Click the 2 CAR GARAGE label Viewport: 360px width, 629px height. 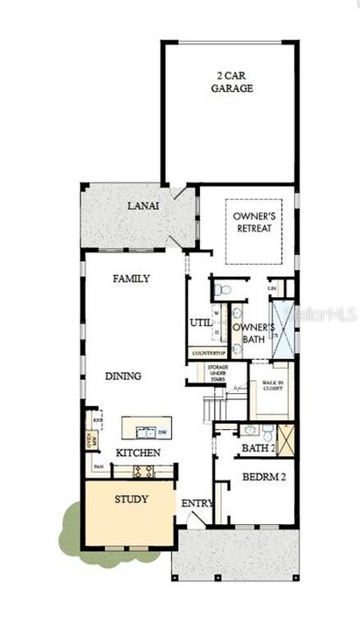coord(232,82)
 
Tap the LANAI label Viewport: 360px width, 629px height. coord(142,206)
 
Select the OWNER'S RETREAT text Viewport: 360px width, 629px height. coord(253,222)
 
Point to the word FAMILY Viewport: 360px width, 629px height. coord(132,279)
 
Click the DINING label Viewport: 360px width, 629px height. coord(123,376)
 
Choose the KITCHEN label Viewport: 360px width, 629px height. coord(138,453)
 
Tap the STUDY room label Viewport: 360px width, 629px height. coord(131,500)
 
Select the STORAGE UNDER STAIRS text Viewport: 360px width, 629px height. coord(218,372)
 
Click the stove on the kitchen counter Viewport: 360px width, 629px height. coord(143,471)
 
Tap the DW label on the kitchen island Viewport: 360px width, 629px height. coord(162,432)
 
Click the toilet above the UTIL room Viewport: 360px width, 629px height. coord(222,288)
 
